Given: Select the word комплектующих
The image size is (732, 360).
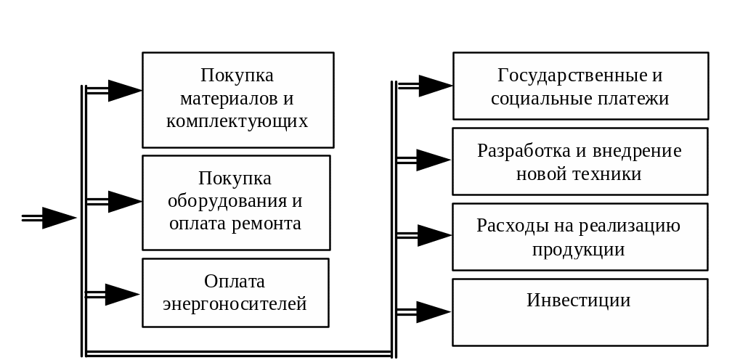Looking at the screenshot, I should pos(237,120).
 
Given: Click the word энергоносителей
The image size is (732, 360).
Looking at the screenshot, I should pos(235,303).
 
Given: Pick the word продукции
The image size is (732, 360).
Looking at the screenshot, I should pos(578,249).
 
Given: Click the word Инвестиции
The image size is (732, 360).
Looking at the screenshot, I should pos(578,300).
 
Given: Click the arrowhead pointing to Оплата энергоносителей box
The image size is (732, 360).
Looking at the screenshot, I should pos(121,295).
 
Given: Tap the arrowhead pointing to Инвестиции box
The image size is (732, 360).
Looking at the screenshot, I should pos(433,312).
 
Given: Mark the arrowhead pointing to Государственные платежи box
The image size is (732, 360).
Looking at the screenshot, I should pos(435,86).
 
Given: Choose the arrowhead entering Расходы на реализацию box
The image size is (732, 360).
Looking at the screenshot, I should pos(434,236).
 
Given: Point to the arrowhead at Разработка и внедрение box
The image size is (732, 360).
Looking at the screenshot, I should pos(434,160).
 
